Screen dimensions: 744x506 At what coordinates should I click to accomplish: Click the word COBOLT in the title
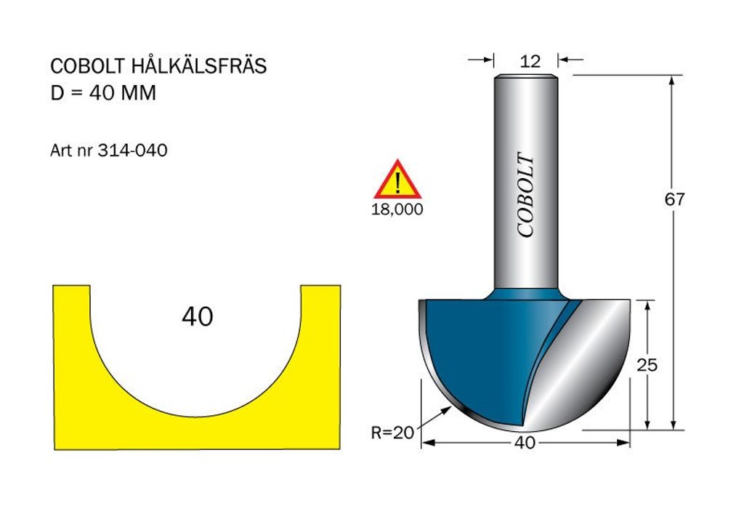click(x=88, y=66)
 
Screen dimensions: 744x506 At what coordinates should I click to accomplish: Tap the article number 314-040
click(x=132, y=150)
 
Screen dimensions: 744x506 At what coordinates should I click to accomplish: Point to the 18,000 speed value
click(x=397, y=209)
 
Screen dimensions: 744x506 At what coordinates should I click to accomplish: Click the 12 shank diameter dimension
click(x=530, y=61)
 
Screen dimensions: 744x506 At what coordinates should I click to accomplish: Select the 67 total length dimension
click(x=675, y=199)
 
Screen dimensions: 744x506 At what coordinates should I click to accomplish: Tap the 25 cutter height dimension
click(x=647, y=365)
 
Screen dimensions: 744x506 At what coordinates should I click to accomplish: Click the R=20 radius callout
click(x=392, y=433)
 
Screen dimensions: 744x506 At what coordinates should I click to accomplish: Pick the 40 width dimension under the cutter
click(x=525, y=443)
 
